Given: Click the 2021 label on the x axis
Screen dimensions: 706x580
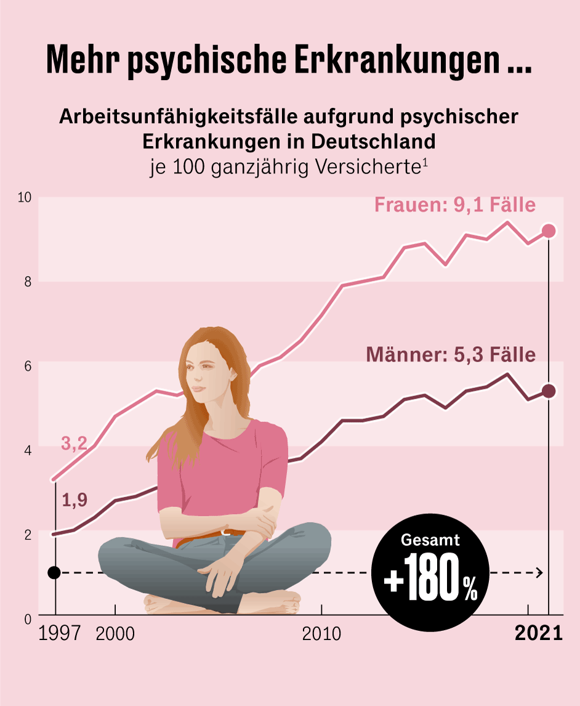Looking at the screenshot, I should (539, 633).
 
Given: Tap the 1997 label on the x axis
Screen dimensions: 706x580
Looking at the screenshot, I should (59, 633).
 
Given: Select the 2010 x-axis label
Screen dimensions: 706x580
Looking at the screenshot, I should (321, 633).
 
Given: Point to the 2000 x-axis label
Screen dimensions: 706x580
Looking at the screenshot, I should (115, 633).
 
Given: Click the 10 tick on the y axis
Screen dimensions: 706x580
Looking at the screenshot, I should (24, 198).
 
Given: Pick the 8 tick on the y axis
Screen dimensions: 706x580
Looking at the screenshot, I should (27, 282).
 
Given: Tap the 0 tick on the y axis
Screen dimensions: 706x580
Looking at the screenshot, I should (27, 618).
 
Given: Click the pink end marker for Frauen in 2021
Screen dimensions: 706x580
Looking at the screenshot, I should (549, 231).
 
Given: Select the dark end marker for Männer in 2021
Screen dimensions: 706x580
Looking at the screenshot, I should (549, 391).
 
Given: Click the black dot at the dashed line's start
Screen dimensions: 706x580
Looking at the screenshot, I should (54, 573).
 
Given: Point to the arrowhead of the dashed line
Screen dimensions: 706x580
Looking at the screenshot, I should (539, 573).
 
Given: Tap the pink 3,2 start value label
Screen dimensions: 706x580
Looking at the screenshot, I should (74, 443).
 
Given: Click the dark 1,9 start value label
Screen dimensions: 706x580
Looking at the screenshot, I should (74, 500).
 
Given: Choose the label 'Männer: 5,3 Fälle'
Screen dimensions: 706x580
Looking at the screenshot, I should (451, 355).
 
